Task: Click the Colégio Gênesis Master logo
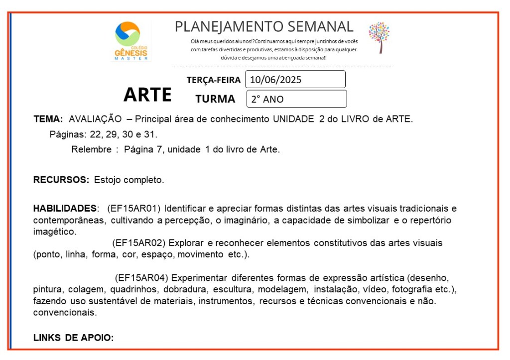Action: click(x=131, y=41)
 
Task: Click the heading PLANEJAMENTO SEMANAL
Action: click(x=264, y=26)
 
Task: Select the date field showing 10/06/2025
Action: click(x=295, y=80)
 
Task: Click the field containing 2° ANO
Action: click(x=296, y=99)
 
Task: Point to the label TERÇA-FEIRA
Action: click(x=214, y=80)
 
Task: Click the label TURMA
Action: click(x=215, y=99)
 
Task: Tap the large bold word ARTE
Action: click(x=147, y=94)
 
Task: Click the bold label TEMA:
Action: click(x=48, y=119)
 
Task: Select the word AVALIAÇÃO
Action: click(x=95, y=119)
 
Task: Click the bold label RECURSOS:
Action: click(x=61, y=179)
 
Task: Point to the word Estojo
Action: click(x=107, y=179)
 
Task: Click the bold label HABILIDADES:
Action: click(x=65, y=208)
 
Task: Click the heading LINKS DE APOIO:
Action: click(x=74, y=338)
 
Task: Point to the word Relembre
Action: click(x=91, y=149)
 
